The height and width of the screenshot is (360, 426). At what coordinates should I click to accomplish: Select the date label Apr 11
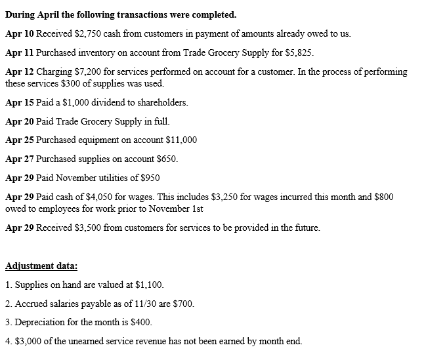[19, 52]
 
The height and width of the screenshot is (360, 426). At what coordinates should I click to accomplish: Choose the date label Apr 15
[19, 102]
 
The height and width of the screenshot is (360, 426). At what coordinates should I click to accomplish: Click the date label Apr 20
[19, 121]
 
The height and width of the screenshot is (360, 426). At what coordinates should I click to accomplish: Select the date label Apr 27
[19, 159]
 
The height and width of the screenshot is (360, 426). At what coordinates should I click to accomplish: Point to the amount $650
[166, 159]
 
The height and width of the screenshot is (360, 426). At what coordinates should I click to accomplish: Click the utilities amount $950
[149, 178]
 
